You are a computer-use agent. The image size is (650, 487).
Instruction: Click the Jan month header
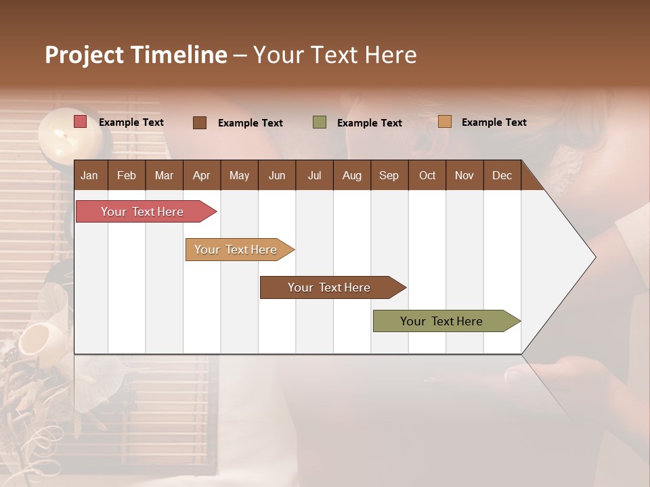(x=89, y=175)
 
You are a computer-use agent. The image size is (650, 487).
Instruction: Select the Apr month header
(x=201, y=175)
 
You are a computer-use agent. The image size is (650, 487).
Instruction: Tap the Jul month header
(x=314, y=175)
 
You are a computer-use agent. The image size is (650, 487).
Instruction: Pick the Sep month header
(x=389, y=175)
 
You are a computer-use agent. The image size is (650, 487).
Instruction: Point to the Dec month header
(x=502, y=175)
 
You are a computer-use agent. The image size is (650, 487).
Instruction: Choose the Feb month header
(x=127, y=175)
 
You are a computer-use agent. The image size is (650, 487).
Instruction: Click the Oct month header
(x=427, y=175)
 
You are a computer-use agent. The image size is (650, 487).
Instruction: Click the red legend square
(x=81, y=122)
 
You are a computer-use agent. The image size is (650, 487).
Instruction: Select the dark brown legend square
(x=200, y=122)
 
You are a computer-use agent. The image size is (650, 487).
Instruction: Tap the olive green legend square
(x=320, y=122)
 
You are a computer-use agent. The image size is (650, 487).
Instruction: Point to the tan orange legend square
(x=444, y=122)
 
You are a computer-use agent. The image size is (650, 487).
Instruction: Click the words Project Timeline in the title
(x=136, y=55)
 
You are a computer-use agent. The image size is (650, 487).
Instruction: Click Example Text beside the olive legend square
(x=370, y=122)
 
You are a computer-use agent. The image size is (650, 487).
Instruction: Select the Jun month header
(x=277, y=175)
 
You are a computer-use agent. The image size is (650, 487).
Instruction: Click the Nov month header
(x=464, y=175)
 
